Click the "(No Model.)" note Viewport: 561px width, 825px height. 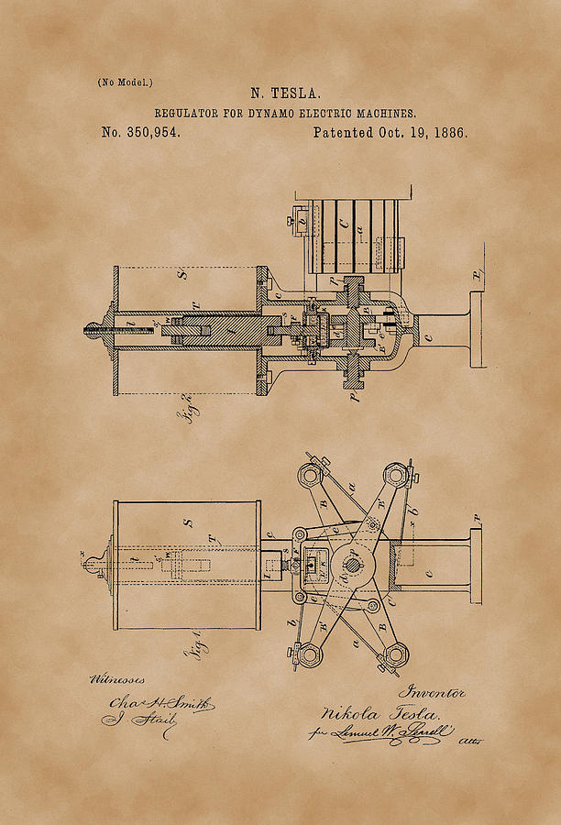[x=126, y=82]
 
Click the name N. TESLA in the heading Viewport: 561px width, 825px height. [x=285, y=93]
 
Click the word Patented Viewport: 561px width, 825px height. [x=342, y=132]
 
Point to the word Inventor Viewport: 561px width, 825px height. [x=431, y=693]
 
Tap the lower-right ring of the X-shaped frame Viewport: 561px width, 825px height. [x=395, y=654]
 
